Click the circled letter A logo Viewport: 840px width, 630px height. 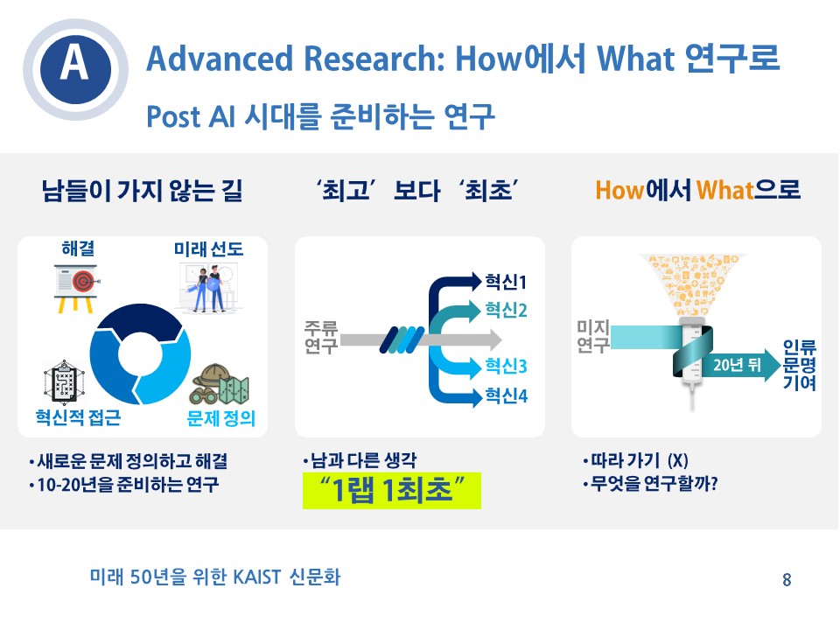point(75,69)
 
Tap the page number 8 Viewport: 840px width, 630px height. point(787,579)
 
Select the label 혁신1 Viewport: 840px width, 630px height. point(506,282)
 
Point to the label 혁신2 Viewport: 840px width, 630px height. point(506,310)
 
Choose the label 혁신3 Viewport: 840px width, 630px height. point(506,366)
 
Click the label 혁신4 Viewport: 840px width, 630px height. point(506,395)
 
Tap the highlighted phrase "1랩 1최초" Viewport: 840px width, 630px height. point(392,490)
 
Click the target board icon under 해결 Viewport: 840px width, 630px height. point(76,288)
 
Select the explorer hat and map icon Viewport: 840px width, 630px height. point(220,385)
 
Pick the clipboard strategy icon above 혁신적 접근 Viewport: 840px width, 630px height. point(64,382)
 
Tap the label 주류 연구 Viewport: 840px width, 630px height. point(320,336)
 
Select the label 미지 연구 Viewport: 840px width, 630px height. point(592,336)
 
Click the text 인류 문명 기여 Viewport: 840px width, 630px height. point(799,365)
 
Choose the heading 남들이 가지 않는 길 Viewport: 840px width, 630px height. point(142,190)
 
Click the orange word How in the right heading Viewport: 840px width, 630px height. point(619,190)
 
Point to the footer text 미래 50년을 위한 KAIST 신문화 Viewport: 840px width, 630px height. point(215,577)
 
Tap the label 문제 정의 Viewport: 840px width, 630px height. point(220,418)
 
